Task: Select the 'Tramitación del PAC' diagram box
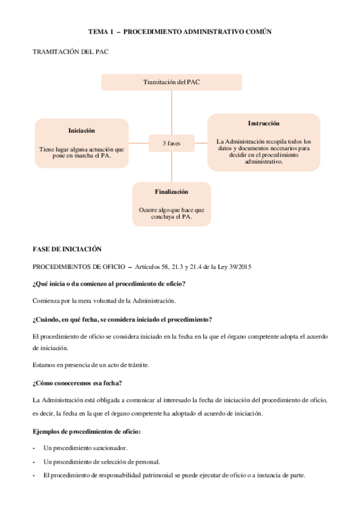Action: tap(171, 82)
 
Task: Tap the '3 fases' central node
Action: tap(171, 143)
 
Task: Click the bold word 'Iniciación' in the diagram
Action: tap(82, 131)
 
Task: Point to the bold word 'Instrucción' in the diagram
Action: tap(263, 123)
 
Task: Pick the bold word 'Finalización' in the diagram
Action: tap(171, 192)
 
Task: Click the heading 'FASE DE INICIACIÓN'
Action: tap(67, 249)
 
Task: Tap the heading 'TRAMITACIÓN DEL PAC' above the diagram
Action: tap(70, 52)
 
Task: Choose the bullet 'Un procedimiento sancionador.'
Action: tap(85, 449)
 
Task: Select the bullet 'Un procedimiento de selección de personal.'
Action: tap(102, 462)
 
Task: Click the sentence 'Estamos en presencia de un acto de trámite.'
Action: tap(91, 365)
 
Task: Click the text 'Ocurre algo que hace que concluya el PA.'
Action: tap(171, 213)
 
